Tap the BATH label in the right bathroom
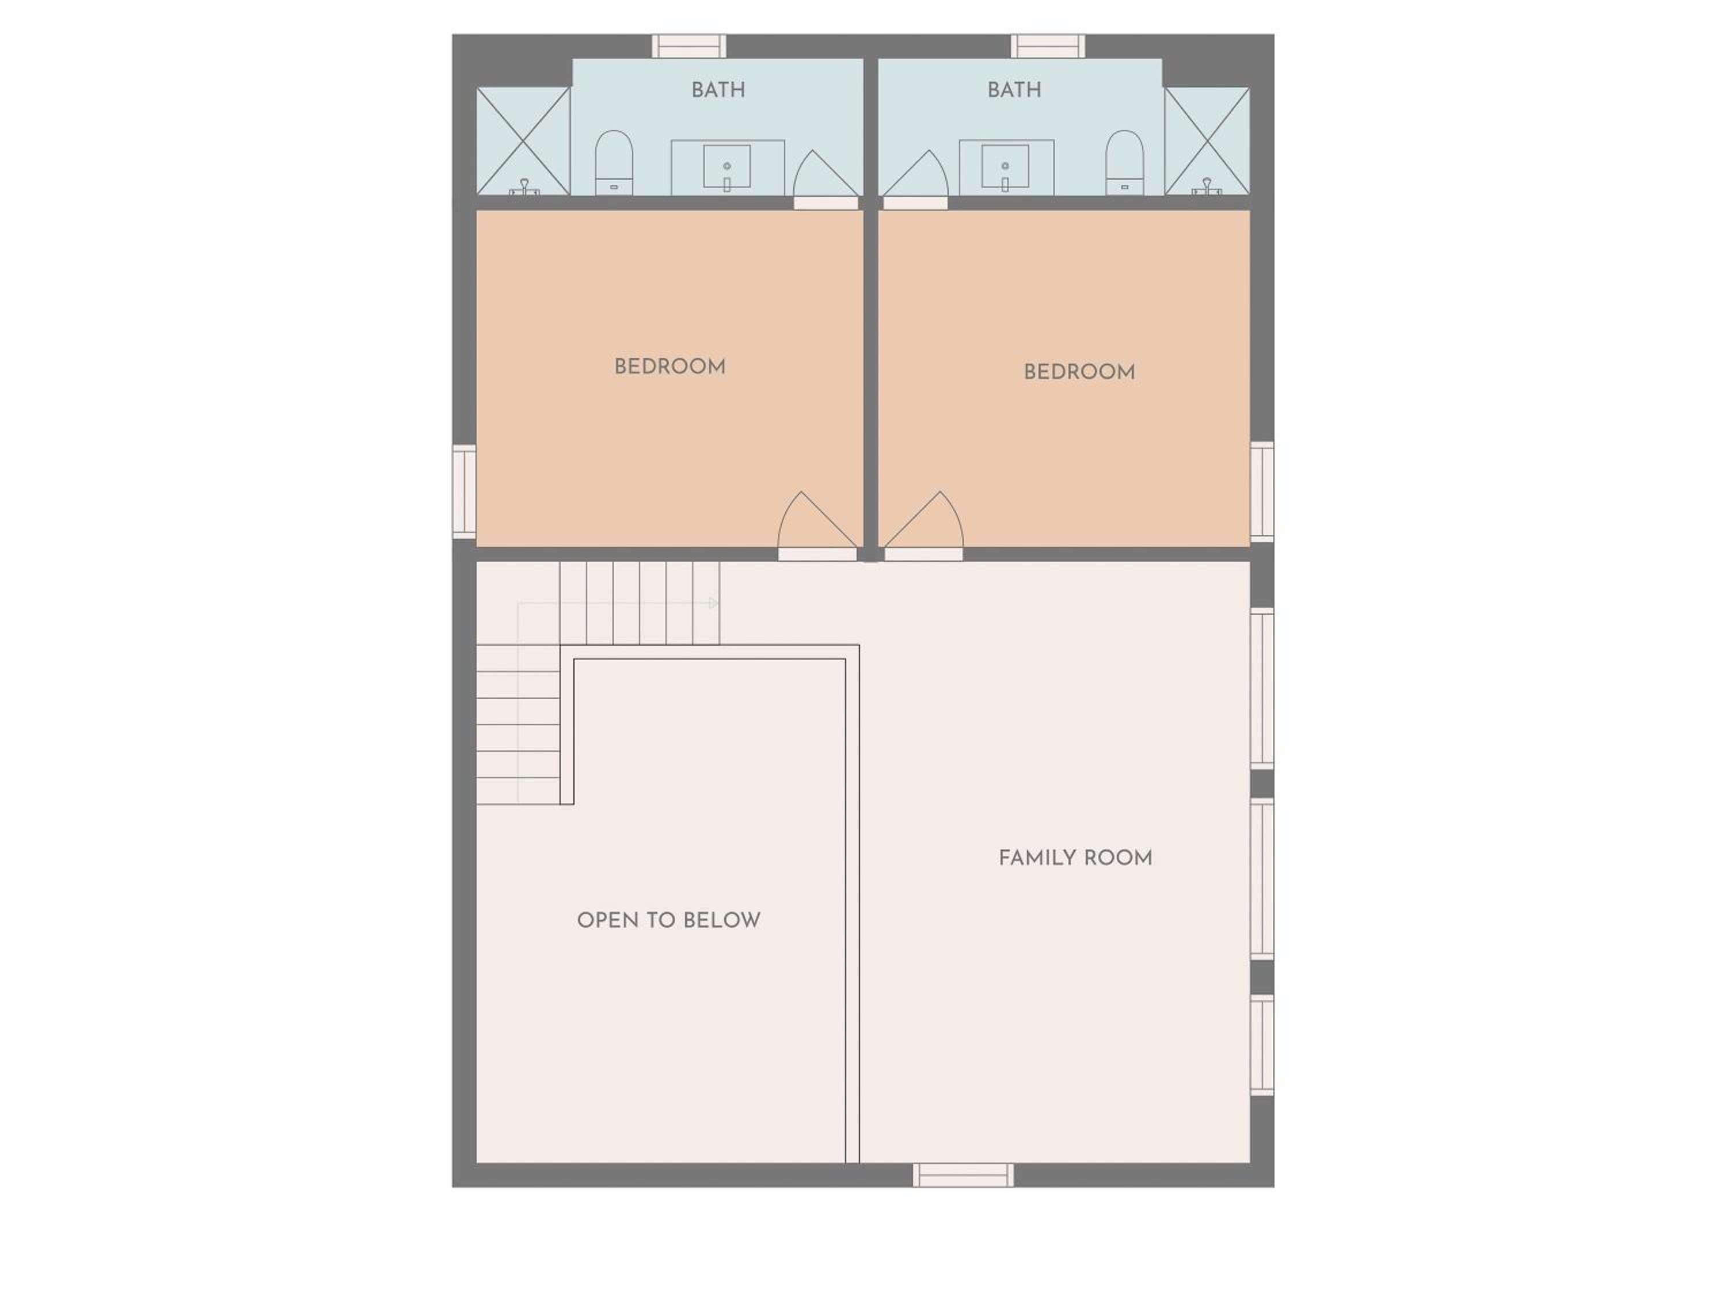click(1014, 90)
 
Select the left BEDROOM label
click(670, 367)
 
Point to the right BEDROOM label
click(1079, 372)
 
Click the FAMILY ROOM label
click(1075, 858)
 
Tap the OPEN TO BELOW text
click(668, 920)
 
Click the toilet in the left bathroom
click(614, 162)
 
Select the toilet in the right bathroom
click(1124, 162)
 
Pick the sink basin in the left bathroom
click(727, 166)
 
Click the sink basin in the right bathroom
click(1005, 166)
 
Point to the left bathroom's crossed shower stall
click(523, 140)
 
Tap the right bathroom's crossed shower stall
click(1207, 140)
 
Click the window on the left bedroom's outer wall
click(465, 492)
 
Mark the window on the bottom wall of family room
click(964, 1175)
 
